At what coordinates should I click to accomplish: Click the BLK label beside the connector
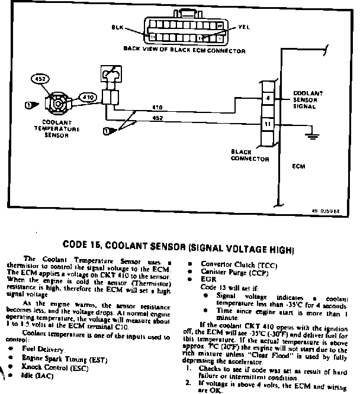click(117, 28)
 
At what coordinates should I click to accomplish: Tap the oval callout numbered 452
click(42, 79)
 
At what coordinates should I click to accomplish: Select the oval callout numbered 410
click(87, 96)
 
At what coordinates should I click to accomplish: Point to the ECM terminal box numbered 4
click(268, 98)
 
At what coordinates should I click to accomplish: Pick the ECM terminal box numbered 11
click(268, 125)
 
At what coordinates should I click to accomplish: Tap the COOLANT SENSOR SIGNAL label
click(308, 100)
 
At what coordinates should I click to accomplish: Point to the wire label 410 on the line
click(157, 108)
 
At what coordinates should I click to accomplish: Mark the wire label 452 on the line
click(157, 117)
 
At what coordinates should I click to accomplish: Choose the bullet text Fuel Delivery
click(41, 350)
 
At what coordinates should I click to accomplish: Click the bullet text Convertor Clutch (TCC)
click(229, 265)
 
